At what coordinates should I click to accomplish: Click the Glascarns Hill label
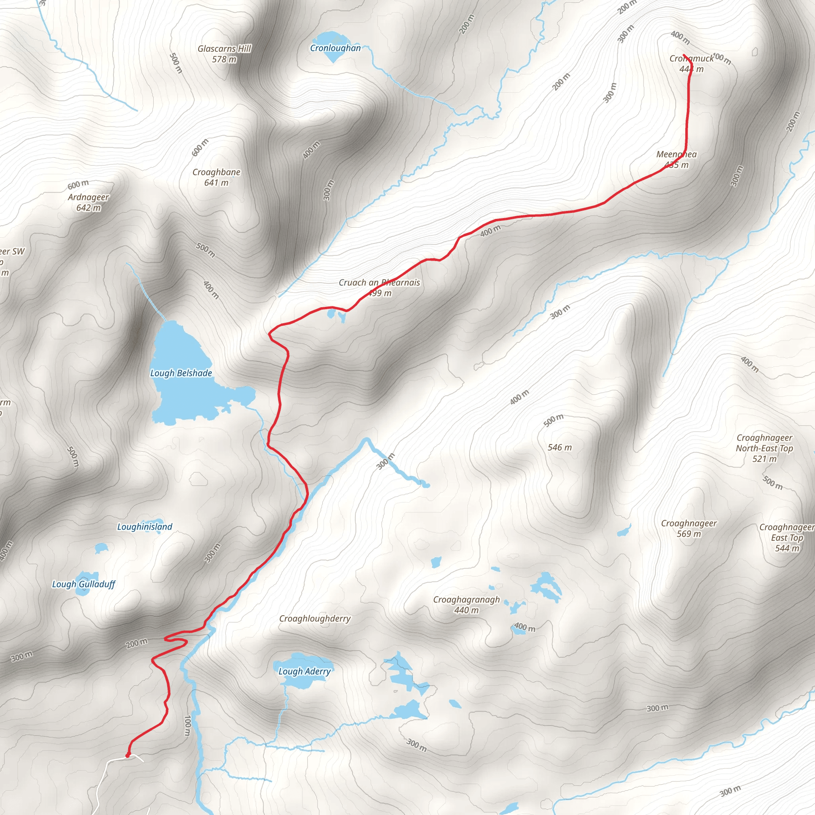click(224, 49)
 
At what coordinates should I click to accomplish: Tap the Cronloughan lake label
click(335, 48)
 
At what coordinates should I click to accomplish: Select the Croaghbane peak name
click(216, 172)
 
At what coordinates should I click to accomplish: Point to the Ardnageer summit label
click(89, 197)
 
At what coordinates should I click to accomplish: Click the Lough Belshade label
click(181, 373)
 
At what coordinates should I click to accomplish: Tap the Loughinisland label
click(145, 526)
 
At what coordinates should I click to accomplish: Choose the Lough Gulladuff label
click(84, 584)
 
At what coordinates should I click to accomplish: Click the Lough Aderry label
click(304, 671)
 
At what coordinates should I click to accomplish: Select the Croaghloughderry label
click(315, 618)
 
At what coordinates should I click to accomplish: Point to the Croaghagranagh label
click(466, 599)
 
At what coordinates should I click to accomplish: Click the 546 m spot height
click(560, 448)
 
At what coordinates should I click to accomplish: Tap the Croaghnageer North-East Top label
click(764, 443)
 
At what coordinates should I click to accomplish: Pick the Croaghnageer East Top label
click(787, 532)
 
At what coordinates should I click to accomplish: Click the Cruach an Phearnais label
click(379, 283)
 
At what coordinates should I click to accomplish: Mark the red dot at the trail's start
click(128, 756)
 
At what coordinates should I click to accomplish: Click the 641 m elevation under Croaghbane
click(216, 183)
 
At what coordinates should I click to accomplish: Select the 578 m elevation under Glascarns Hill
click(224, 59)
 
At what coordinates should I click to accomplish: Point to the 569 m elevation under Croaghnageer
click(689, 534)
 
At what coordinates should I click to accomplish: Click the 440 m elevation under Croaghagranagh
click(466, 610)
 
